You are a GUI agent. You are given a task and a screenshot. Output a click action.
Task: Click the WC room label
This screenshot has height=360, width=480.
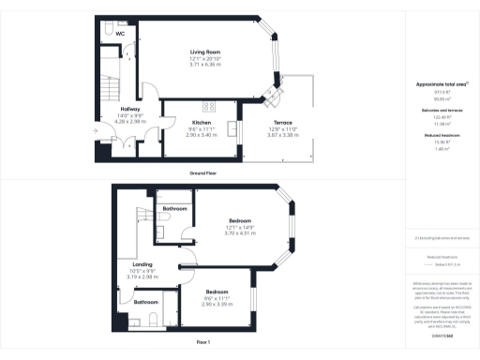point(121,34)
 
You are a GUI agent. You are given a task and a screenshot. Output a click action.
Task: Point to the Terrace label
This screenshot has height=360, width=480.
point(283,123)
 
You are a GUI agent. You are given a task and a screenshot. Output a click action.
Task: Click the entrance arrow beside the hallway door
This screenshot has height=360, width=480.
point(97,143)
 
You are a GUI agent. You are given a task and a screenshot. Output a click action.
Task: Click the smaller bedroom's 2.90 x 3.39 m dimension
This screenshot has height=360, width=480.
point(217,305)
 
